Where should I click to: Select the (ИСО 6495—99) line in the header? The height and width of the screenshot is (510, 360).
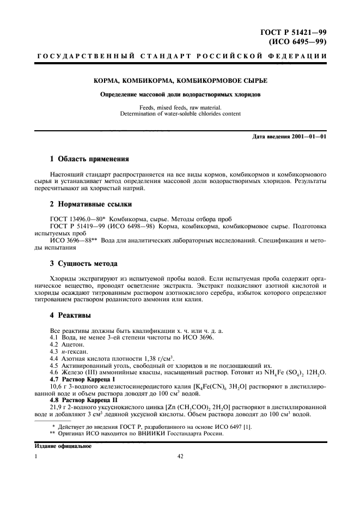[x=298, y=41]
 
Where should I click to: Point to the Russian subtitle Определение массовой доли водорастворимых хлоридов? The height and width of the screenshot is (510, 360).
[x=180, y=94]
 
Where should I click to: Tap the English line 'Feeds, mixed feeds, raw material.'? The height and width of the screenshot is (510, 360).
[x=180, y=107]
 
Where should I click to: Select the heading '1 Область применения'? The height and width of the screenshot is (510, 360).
[x=89, y=159]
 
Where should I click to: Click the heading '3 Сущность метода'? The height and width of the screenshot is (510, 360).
[x=84, y=263]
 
